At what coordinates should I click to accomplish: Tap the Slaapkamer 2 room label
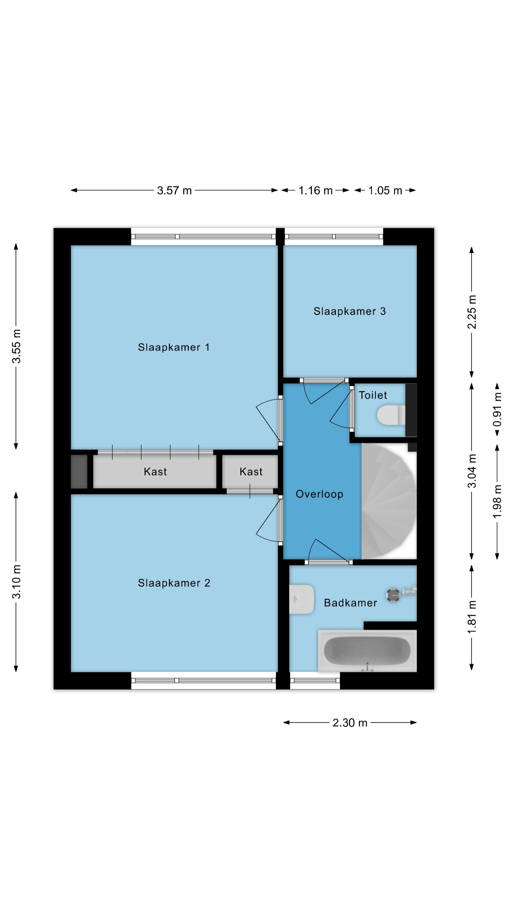click(174, 583)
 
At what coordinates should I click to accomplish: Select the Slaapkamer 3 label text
click(349, 311)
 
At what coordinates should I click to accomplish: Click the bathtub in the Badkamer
click(367, 651)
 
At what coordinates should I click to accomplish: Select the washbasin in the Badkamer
click(301, 599)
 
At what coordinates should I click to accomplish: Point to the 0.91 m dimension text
click(497, 409)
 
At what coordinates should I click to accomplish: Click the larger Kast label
click(155, 471)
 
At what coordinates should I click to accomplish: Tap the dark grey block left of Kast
click(79, 471)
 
